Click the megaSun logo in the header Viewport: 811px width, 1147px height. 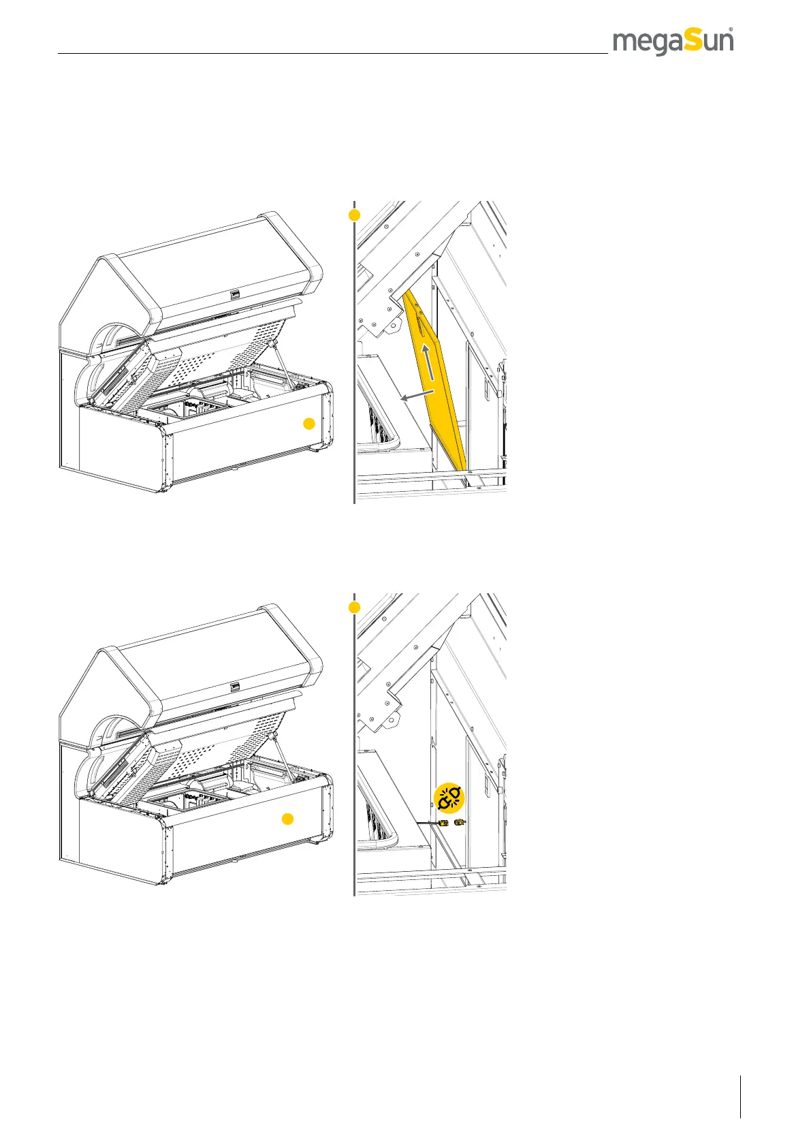point(673,42)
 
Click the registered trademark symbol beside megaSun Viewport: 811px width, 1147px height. point(731,30)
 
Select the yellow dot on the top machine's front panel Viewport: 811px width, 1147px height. point(308,424)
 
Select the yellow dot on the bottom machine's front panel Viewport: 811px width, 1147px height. point(288,819)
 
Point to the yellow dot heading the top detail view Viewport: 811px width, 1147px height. point(354,215)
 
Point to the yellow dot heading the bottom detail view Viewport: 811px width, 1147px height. point(354,607)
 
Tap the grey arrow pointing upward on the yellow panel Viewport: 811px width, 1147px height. point(427,362)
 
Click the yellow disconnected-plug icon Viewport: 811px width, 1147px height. point(449,798)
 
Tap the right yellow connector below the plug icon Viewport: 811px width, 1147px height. point(460,823)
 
